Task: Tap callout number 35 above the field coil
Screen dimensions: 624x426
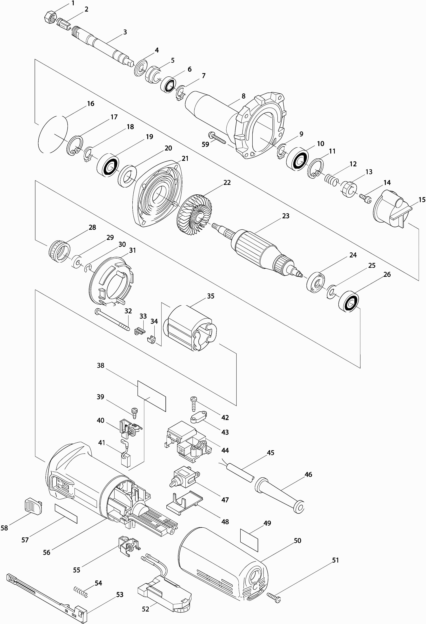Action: pos(211,296)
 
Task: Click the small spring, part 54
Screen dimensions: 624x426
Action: pos(81,592)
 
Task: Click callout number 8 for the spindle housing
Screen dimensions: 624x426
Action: pos(243,96)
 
